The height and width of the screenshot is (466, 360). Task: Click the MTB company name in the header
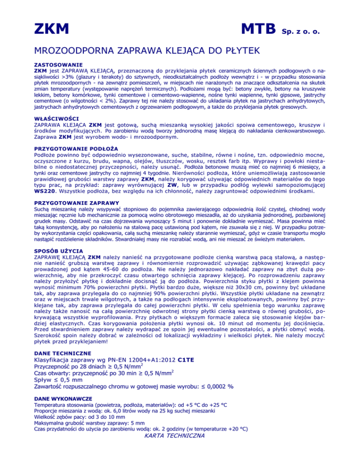pyautogui.click(x=257, y=30)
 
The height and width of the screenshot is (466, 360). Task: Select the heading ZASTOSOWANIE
pyautogui.click(x=58, y=64)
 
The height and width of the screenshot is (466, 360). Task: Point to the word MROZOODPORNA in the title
pyautogui.click(x=81, y=50)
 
